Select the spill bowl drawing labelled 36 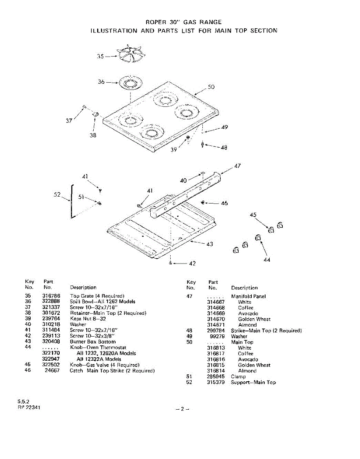(130, 83)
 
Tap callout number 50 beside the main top (211, 87)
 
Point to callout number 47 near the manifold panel (237, 166)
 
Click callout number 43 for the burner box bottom (210, 244)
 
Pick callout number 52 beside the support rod (57, 195)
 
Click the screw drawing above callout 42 (170, 263)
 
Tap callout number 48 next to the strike (224, 148)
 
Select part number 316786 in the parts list (50, 296)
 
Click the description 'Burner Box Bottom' (93, 342)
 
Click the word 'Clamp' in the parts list (238, 377)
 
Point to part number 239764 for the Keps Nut (50, 319)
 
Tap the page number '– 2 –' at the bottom (182, 409)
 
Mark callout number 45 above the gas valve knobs (253, 215)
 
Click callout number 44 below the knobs (267, 260)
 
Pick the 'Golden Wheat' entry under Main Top (254, 365)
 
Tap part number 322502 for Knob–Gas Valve (50, 365)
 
